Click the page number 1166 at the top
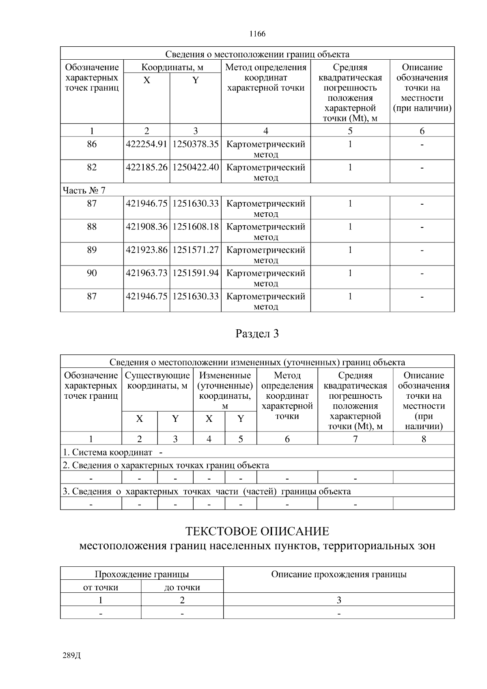pyautogui.click(x=257, y=34)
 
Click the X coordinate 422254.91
pyautogui.click(x=147, y=144)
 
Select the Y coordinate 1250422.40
pyautogui.click(x=196, y=167)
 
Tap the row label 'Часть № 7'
pyautogui.click(x=84, y=190)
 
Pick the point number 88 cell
pyautogui.click(x=92, y=227)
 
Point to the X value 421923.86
pyautogui.click(x=147, y=250)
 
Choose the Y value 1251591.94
pyautogui.click(x=196, y=273)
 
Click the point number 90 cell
pyautogui.click(x=92, y=273)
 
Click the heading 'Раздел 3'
pyautogui.click(x=257, y=334)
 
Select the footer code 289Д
pyautogui.click(x=72, y=656)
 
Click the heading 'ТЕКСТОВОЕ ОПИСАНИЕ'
pyautogui.click(x=257, y=531)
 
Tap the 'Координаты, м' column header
pyautogui.click(x=172, y=67)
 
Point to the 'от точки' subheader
pyautogui.click(x=101, y=587)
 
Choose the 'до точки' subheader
pyautogui.click(x=182, y=587)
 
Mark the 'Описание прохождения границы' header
pyautogui.click(x=338, y=574)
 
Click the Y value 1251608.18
pyautogui.click(x=196, y=227)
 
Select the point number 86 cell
pyautogui.click(x=92, y=144)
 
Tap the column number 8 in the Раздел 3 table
pyautogui.click(x=424, y=439)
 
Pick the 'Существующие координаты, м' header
pyautogui.click(x=157, y=380)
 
